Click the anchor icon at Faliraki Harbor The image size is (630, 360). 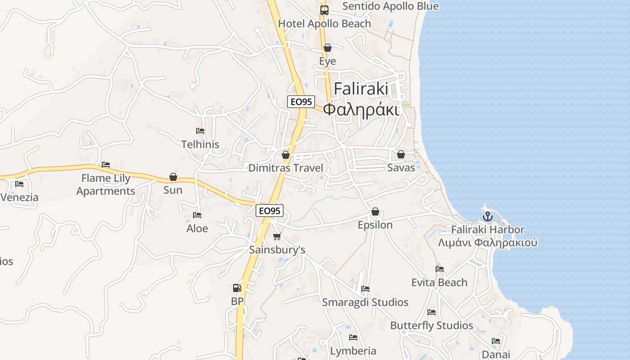pos(488,217)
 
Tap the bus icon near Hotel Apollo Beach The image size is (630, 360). pos(324,10)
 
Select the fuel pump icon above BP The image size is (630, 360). pos(237,288)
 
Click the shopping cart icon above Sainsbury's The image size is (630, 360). pos(277,236)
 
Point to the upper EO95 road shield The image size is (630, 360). pos(301,102)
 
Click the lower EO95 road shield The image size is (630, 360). pos(269,210)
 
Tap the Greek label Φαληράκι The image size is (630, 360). pos(361,109)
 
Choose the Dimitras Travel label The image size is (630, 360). pos(286,168)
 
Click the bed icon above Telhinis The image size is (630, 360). pos(200,131)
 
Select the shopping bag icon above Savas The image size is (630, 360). pos(401,154)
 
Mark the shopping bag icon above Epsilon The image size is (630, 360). pos(375,211)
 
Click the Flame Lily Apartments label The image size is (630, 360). pos(106,184)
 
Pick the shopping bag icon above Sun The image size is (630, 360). pos(173,177)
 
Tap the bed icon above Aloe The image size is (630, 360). pos(197,215)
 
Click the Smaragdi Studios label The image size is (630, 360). pos(365,302)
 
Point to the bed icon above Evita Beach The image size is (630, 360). pos(440,269)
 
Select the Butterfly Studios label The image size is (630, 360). pos(432,325)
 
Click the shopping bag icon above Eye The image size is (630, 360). pos(328,48)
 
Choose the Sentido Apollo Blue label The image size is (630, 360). pos(390,6)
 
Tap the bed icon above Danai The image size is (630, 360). pos(496,341)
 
